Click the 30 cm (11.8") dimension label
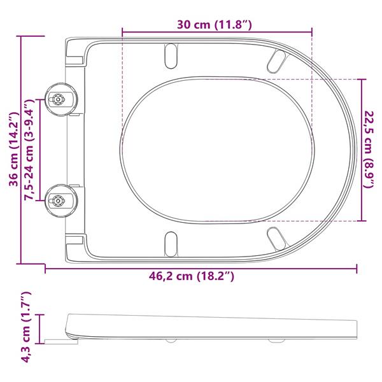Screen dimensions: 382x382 pos(216,25)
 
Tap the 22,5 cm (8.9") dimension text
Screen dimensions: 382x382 pos(369,149)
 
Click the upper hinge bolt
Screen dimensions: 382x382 pos(59,99)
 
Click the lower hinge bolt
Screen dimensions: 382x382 pos(59,200)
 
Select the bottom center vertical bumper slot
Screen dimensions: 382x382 pos(171,244)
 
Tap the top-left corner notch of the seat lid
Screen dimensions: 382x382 pos(74,54)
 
